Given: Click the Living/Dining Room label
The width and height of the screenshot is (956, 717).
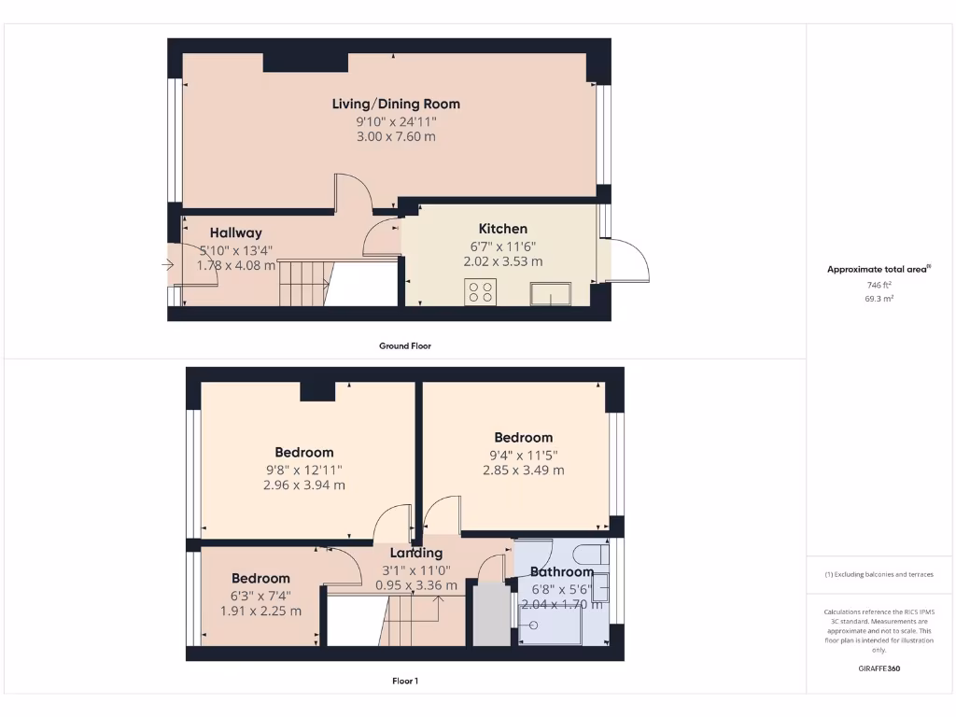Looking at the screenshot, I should pyautogui.click(x=396, y=104).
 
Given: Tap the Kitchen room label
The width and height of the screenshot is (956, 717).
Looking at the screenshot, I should pyautogui.click(x=503, y=229).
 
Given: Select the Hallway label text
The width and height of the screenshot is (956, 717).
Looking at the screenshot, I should pyautogui.click(x=235, y=232).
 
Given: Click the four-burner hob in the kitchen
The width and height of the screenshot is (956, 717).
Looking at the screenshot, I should pyautogui.click(x=482, y=292).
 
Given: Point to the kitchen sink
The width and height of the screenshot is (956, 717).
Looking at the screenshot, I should pyautogui.click(x=550, y=293).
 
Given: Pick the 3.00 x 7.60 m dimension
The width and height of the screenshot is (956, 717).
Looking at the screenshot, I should pyautogui.click(x=396, y=136).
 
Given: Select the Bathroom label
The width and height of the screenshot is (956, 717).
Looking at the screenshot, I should pyautogui.click(x=562, y=572).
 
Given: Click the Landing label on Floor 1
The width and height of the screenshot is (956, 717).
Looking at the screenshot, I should pyautogui.click(x=416, y=553).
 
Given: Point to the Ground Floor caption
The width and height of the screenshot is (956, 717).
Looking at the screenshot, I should pyautogui.click(x=404, y=345).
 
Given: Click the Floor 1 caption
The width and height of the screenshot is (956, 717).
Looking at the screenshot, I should pyautogui.click(x=404, y=681).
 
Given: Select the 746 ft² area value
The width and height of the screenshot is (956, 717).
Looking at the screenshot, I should pyautogui.click(x=879, y=284).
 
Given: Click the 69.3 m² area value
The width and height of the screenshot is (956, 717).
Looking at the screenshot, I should pyautogui.click(x=879, y=299).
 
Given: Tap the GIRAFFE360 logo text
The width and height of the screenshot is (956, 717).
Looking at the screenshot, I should pyautogui.click(x=879, y=668).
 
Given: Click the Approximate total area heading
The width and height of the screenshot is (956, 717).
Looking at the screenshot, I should pyautogui.click(x=878, y=269).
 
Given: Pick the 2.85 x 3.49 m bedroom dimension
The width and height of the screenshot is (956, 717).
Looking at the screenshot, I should pyautogui.click(x=523, y=471).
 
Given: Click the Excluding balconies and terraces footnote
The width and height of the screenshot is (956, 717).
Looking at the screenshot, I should pyautogui.click(x=879, y=574).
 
